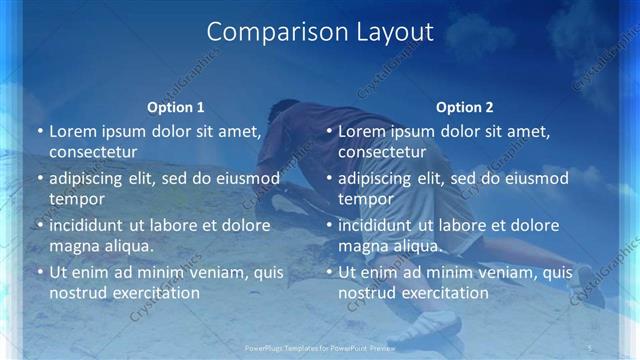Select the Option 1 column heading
[175, 107]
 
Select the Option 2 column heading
[464, 107]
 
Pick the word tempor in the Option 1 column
[77, 200]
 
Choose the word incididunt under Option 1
[93, 225]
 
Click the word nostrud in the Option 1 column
[77, 293]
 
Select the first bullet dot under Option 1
[40, 132]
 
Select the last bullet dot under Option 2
[329, 273]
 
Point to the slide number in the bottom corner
[591, 347]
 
